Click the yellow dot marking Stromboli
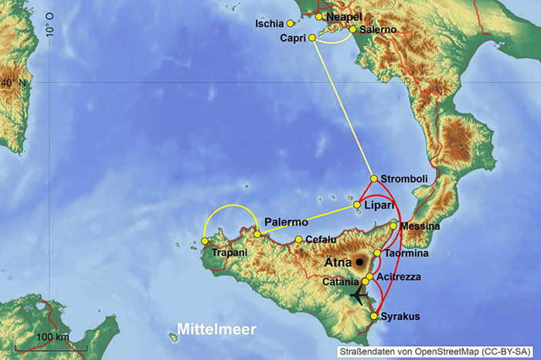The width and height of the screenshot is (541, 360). [374, 178]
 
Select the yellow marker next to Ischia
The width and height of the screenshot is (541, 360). [290, 23]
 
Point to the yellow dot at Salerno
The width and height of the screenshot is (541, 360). [353, 30]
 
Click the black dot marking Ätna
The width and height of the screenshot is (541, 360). [359, 262]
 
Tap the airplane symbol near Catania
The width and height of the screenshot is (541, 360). [358, 295]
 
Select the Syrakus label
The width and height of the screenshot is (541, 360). [400, 317]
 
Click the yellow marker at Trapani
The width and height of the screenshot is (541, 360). [204, 241]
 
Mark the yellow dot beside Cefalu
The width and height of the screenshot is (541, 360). [298, 239]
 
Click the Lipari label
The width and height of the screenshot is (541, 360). [380, 205]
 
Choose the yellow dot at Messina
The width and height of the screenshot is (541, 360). [394, 226]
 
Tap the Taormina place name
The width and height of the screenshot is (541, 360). [405, 253]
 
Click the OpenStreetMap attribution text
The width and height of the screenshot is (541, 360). [437, 352]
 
